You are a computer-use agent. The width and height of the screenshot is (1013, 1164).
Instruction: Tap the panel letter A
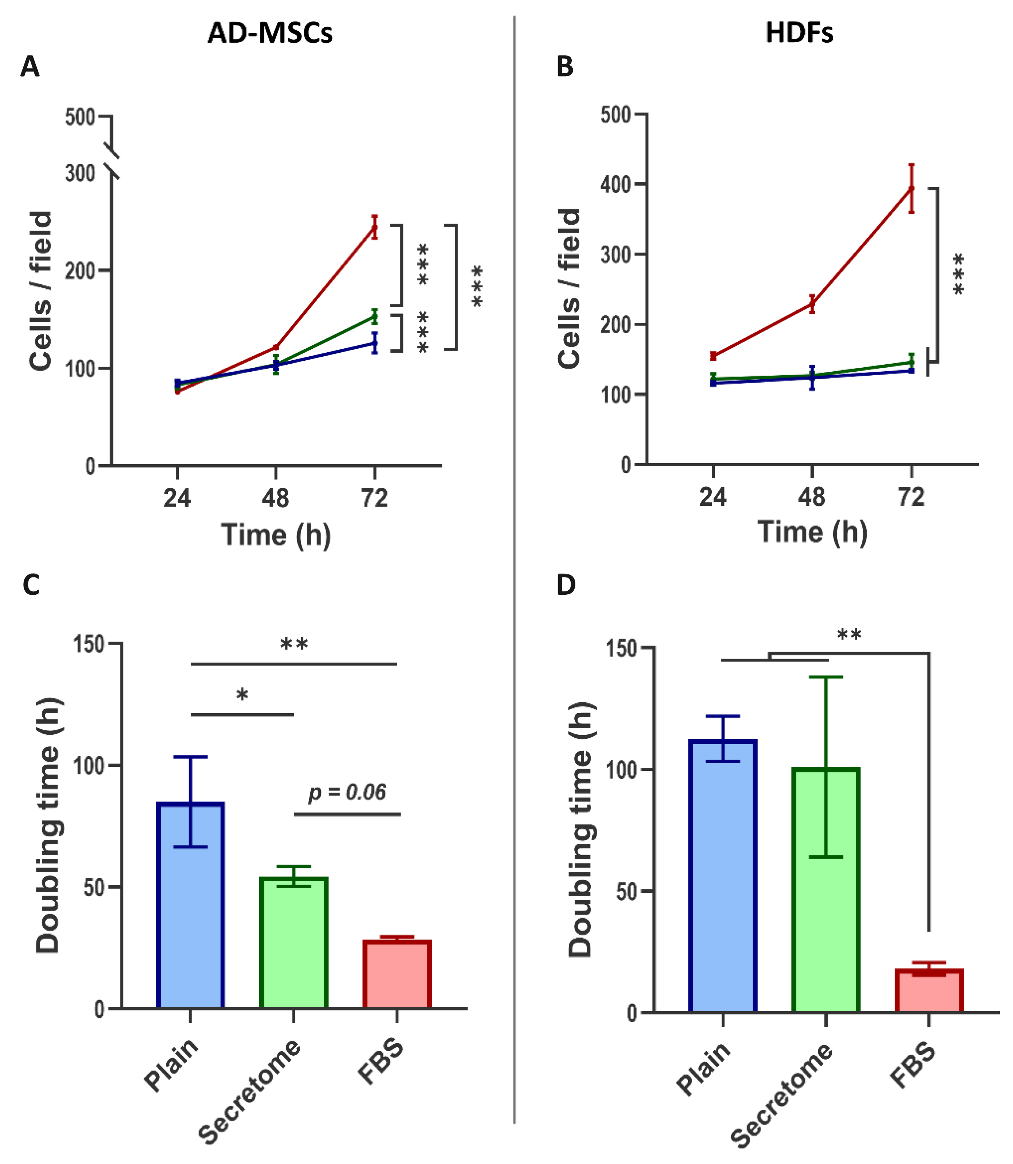coord(30,67)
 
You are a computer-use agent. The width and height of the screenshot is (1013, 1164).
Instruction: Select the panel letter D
coord(566,585)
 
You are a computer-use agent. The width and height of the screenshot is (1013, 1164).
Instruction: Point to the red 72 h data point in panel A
coord(374,227)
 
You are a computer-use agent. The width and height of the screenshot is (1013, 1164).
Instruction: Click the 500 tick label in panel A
coord(80,118)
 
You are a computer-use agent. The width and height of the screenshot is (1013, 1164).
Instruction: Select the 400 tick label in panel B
coord(616,184)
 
